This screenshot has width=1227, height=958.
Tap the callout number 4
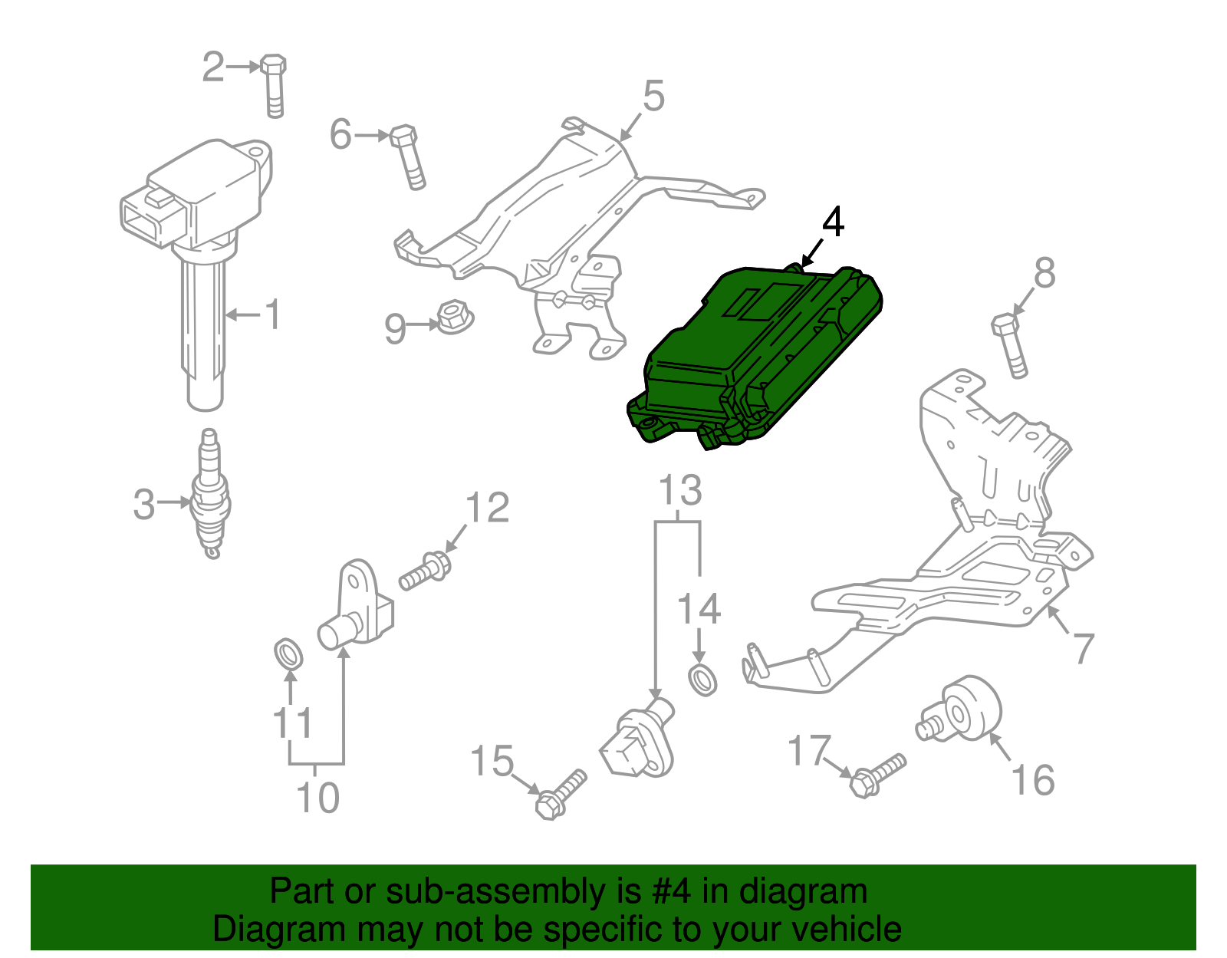(833, 222)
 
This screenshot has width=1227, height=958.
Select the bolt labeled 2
(274, 86)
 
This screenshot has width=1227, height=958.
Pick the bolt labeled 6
(407, 156)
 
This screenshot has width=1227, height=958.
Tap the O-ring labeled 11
(288, 653)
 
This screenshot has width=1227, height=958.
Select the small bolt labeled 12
(425, 572)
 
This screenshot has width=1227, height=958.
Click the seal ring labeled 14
(702, 680)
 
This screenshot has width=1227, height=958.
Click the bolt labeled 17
(878, 774)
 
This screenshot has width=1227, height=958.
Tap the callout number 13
(680, 491)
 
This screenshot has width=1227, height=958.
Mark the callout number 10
(317, 798)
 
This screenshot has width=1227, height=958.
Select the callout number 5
(653, 97)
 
